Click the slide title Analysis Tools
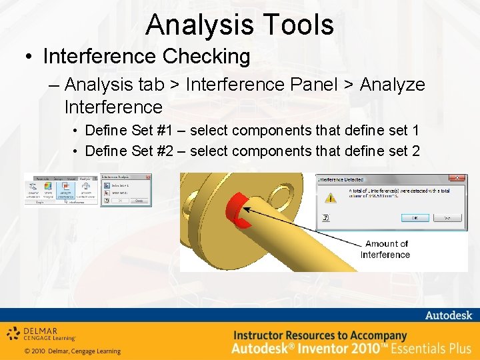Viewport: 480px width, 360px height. pyautogui.click(x=239, y=25)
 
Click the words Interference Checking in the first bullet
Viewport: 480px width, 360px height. pyautogui.click(x=147, y=57)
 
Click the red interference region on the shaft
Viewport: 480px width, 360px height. pyautogui.click(x=237, y=211)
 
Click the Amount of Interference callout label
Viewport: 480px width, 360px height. pyautogui.click(x=386, y=249)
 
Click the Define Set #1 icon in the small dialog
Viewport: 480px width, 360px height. pyautogui.click(x=106, y=186)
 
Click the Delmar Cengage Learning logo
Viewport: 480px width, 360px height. pyautogui.click(x=41, y=333)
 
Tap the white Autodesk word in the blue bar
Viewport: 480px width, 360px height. pyautogui.click(x=448, y=315)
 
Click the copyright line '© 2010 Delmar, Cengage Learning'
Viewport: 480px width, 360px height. pyautogui.click(x=72, y=351)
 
